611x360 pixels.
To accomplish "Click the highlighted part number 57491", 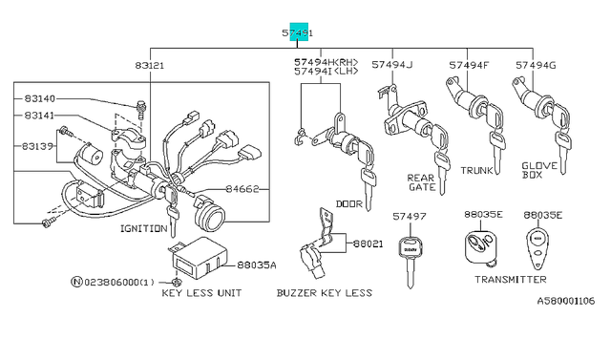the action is click(297, 33).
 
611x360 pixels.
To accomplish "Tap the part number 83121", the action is click(150, 66).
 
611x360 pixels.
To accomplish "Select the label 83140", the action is click(40, 98).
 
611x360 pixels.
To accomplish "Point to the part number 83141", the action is click(39, 116).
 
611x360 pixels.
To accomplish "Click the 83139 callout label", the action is click(37, 146).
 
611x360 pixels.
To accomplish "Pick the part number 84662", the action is click(242, 189).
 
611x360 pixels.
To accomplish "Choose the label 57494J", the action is click(391, 65).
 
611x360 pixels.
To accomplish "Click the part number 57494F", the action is click(469, 65).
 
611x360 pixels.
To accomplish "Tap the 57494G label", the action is click(536, 65).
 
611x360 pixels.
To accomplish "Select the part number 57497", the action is click(410, 216).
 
